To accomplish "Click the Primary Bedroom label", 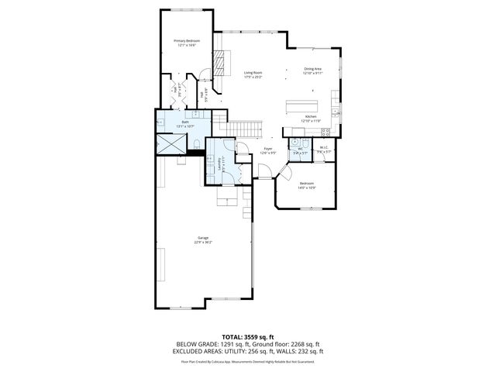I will pos(186,40).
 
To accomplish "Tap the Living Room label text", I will pos(253,73).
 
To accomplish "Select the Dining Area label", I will pos(313,69).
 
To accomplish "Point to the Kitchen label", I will pos(310,117).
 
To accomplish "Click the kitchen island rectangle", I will pos(305,105).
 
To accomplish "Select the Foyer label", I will pos(268,149).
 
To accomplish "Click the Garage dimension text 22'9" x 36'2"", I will pos(204,243).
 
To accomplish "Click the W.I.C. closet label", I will pos(324,147).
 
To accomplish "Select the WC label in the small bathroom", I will pos(300,149).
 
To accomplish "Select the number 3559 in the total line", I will pos(258,337).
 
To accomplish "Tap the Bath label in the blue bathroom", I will pos(185,122).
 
